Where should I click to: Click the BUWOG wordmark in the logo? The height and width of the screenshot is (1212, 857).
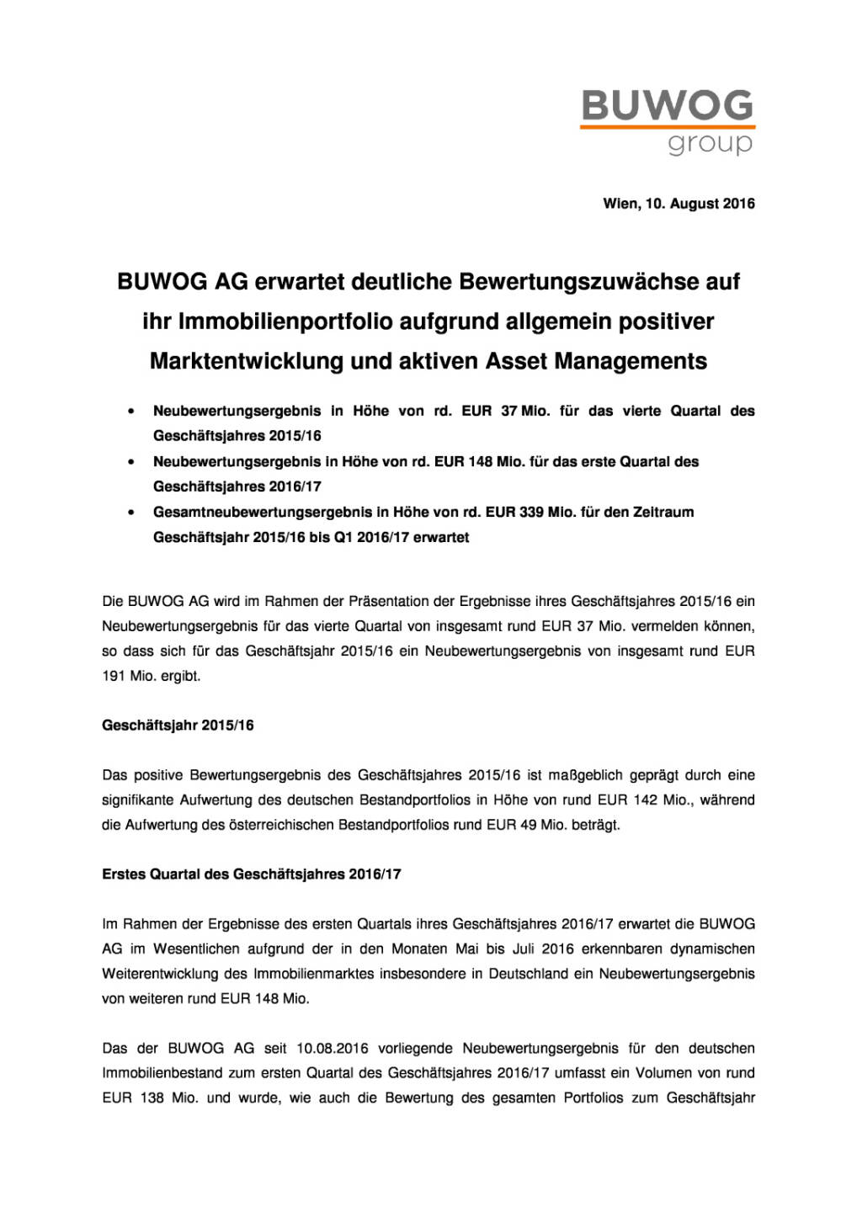(667, 106)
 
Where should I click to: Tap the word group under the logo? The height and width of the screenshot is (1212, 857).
(710, 144)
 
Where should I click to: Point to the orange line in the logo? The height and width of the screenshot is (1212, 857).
(667, 127)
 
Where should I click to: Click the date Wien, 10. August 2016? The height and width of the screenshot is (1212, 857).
(679, 204)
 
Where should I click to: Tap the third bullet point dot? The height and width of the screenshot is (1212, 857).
(130, 513)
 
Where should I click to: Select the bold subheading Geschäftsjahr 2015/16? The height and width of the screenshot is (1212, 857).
(178, 726)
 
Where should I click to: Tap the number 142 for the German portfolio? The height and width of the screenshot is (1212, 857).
(645, 800)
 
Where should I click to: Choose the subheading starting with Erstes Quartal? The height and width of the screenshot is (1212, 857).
(252, 874)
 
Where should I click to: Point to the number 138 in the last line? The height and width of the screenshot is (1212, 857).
(152, 1098)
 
